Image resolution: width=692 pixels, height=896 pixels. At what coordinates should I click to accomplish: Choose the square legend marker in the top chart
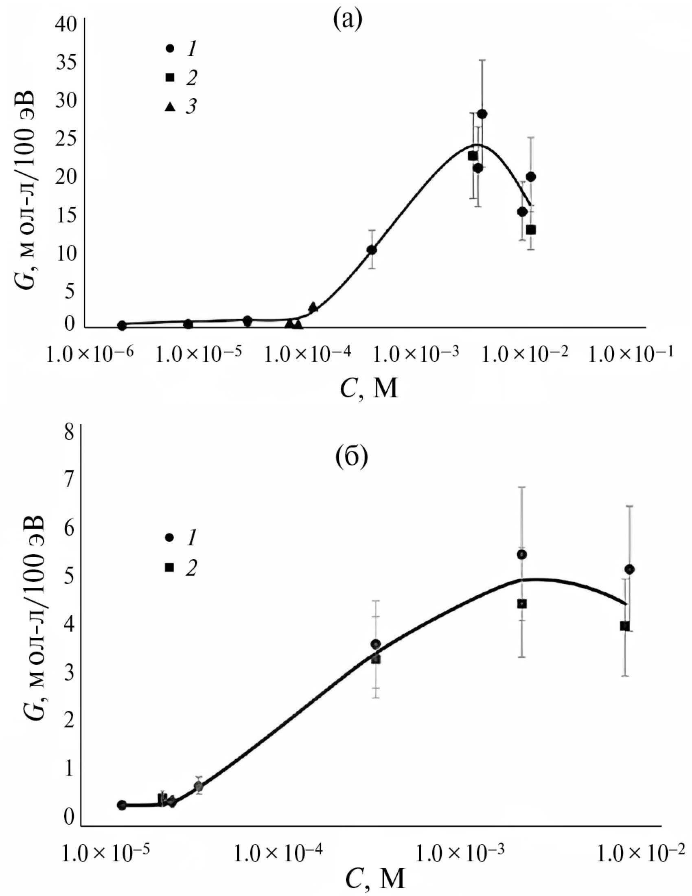pos(171,77)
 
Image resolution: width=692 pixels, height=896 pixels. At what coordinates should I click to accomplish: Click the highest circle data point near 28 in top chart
pos(482,114)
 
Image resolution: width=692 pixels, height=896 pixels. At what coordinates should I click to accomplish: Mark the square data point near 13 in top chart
pos(531,230)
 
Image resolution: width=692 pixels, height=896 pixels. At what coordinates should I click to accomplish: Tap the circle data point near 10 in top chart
pos(372,249)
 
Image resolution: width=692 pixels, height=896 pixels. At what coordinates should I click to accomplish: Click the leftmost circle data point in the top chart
pos(122,325)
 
